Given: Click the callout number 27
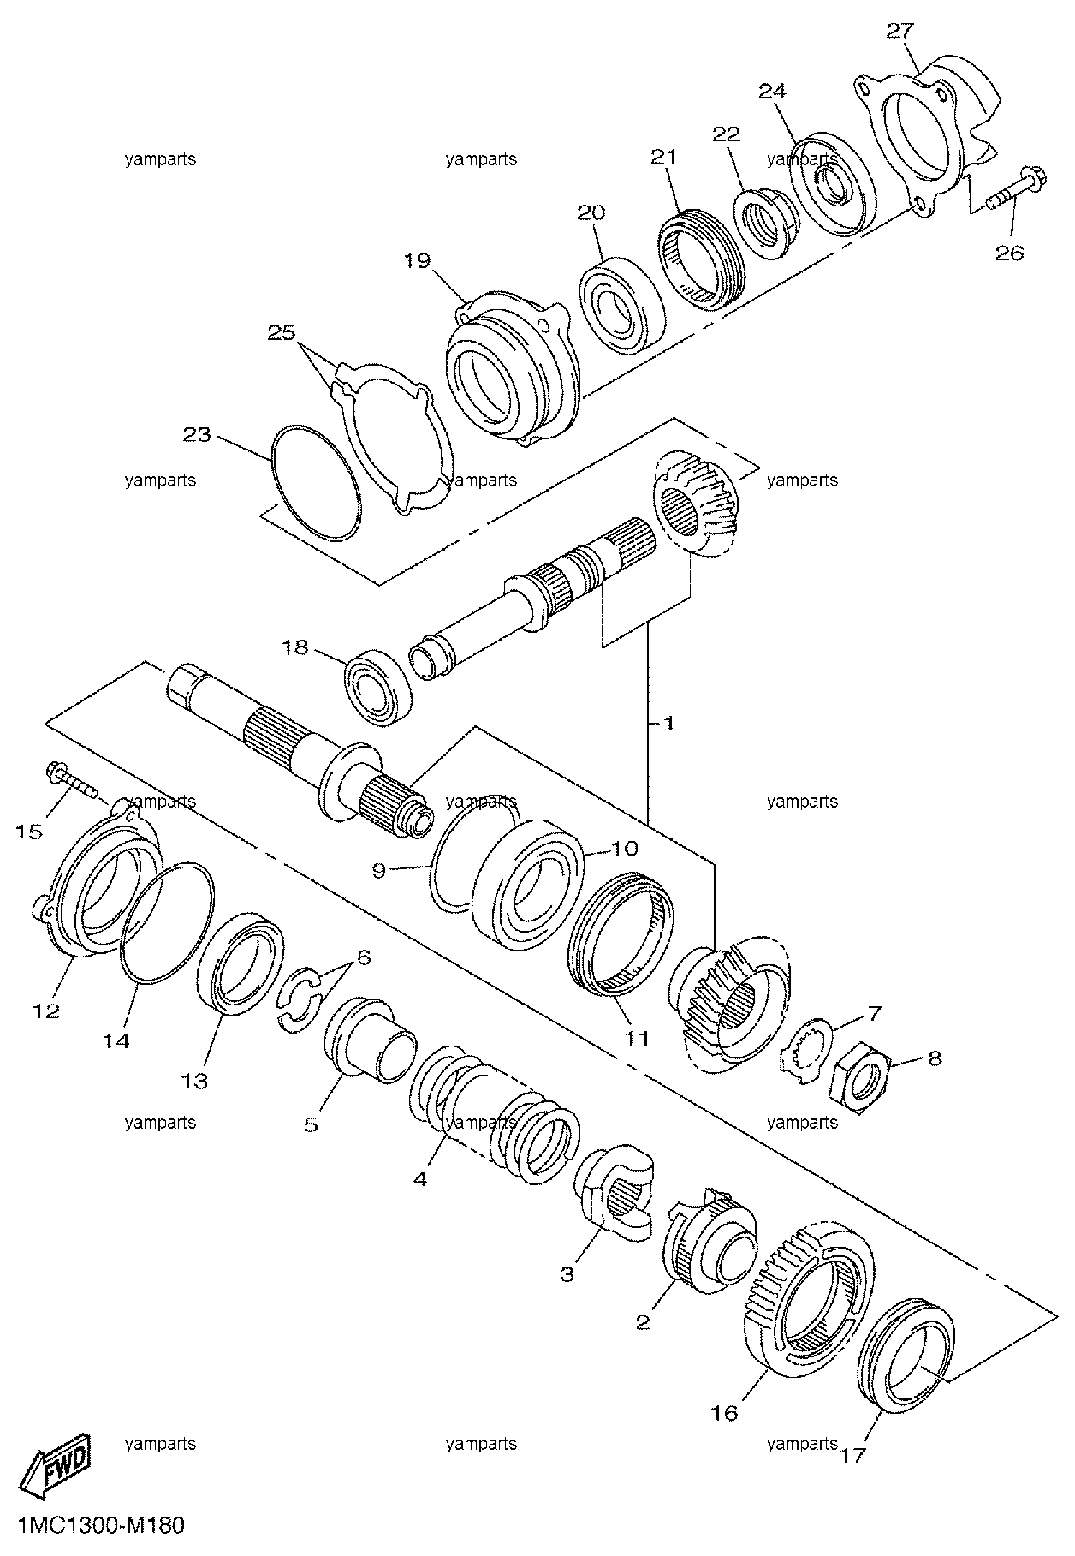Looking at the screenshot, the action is click(900, 31).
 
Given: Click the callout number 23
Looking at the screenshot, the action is click(197, 434).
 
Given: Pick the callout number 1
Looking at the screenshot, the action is click(668, 724).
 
